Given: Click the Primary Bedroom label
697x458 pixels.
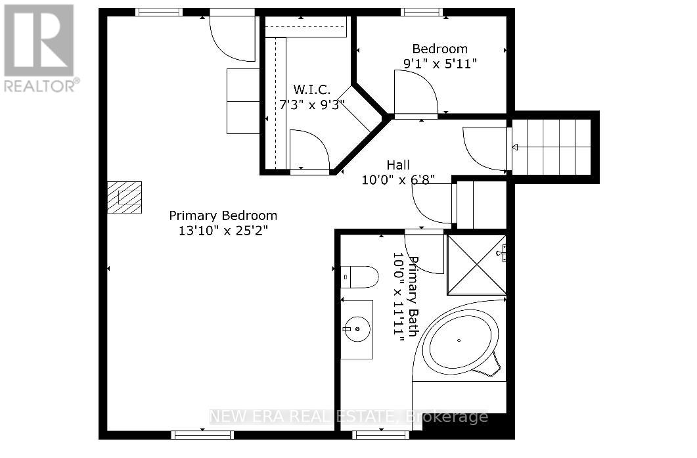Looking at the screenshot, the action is (223, 216).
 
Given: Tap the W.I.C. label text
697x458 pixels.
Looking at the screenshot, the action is (311, 90).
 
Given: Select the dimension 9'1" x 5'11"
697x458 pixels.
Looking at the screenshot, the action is (439, 64).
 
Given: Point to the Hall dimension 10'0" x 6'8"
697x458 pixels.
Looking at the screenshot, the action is (398, 179).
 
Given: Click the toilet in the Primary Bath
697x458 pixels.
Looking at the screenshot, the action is (359, 277).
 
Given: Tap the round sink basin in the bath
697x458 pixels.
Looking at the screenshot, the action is (357, 329).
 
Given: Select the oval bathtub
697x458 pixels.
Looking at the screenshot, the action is (459, 340).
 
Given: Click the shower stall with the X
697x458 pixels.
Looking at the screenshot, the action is (476, 265).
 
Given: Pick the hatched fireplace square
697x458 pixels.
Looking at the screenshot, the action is (124, 197).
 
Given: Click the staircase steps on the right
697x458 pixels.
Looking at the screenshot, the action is (551, 147).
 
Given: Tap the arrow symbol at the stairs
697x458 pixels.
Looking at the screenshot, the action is (515, 147).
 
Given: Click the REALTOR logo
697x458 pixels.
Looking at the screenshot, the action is (40, 47).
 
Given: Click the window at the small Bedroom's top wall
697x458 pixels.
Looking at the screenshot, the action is (422, 12).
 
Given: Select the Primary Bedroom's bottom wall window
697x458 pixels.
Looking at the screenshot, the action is (202, 434).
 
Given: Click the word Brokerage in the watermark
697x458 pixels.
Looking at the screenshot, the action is (447, 417).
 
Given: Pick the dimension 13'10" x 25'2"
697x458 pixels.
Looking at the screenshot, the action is (223, 231).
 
